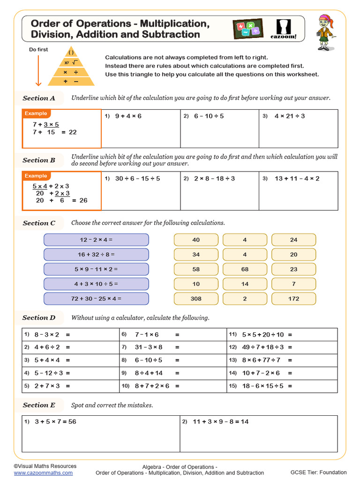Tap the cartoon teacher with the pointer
[x=324, y=32]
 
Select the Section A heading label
[x=39, y=98]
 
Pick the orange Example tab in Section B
[x=36, y=176]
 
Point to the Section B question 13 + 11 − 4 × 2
[x=297, y=179]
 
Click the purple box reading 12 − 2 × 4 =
[x=96, y=240]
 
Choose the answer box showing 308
[x=196, y=299]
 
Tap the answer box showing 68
[x=245, y=269]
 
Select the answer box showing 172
[x=293, y=299]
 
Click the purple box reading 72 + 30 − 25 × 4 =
[x=96, y=299]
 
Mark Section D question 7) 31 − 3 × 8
[x=149, y=347]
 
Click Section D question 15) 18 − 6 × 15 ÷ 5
[x=267, y=386]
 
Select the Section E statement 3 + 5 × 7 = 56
[x=55, y=421]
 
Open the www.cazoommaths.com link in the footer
[x=43, y=473]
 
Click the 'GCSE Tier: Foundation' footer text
[x=318, y=472]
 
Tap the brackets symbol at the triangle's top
[x=72, y=53]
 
